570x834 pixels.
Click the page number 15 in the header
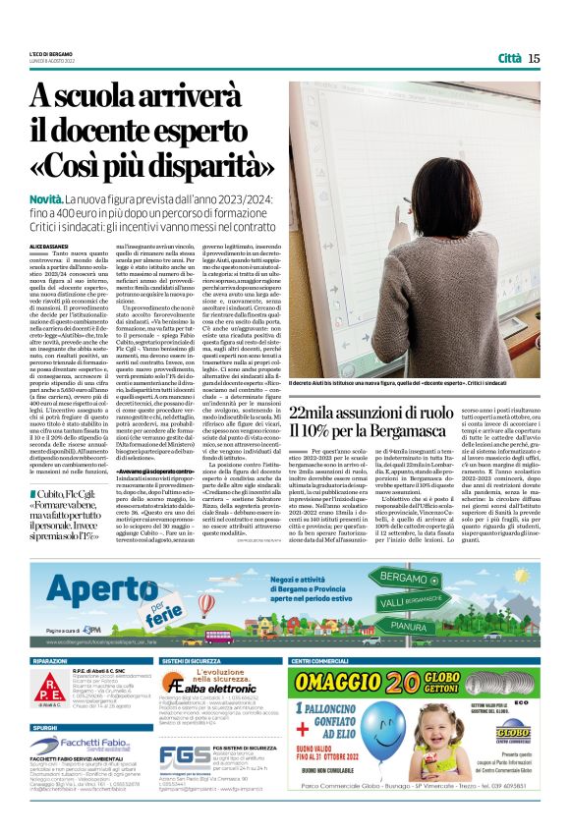[x=534, y=58]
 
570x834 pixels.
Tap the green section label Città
[x=509, y=58]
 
